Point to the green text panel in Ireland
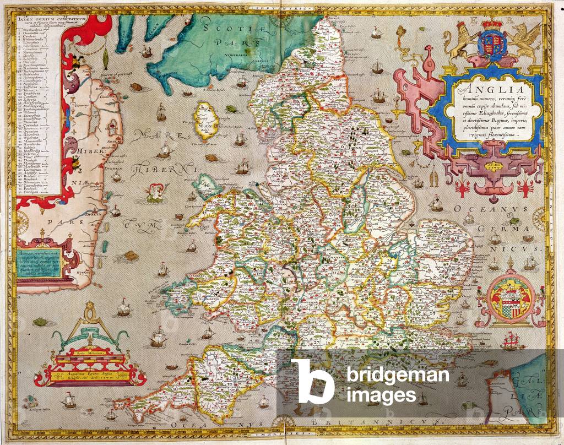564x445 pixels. tap(41, 263)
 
